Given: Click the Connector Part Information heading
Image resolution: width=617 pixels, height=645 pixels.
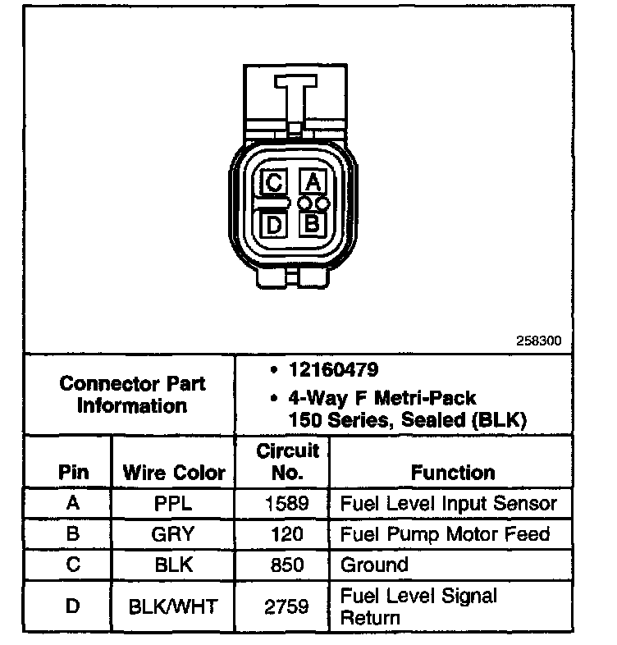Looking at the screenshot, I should click(132, 395).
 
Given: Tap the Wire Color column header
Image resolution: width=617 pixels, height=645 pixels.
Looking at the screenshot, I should click(173, 473).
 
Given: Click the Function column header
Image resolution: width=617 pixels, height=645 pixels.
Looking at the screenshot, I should click(453, 473).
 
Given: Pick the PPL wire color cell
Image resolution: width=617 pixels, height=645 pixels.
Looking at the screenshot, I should click(173, 503).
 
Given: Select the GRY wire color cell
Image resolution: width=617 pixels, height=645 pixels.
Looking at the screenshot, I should click(173, 534).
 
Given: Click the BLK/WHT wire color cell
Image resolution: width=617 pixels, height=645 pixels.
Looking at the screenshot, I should click(173, 606).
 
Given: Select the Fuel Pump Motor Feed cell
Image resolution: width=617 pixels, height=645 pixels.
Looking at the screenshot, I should click(444, 534).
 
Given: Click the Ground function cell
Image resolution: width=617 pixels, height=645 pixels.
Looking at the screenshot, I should click(374, 565).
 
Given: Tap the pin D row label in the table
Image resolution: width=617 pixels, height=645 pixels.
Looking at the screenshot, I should click(71, 606).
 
